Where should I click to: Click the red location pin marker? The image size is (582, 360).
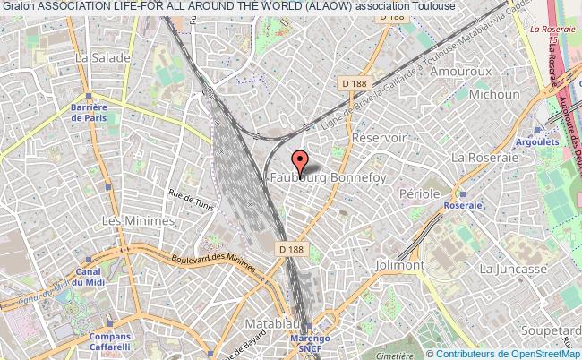pos(301,160)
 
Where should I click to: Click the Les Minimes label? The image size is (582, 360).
pos(125,219)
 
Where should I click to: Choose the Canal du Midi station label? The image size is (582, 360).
pos(88,279)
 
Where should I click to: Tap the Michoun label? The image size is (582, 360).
pos(489,93)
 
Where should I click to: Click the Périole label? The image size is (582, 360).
pos(419,193)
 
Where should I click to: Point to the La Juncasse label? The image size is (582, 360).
pos(512,268)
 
